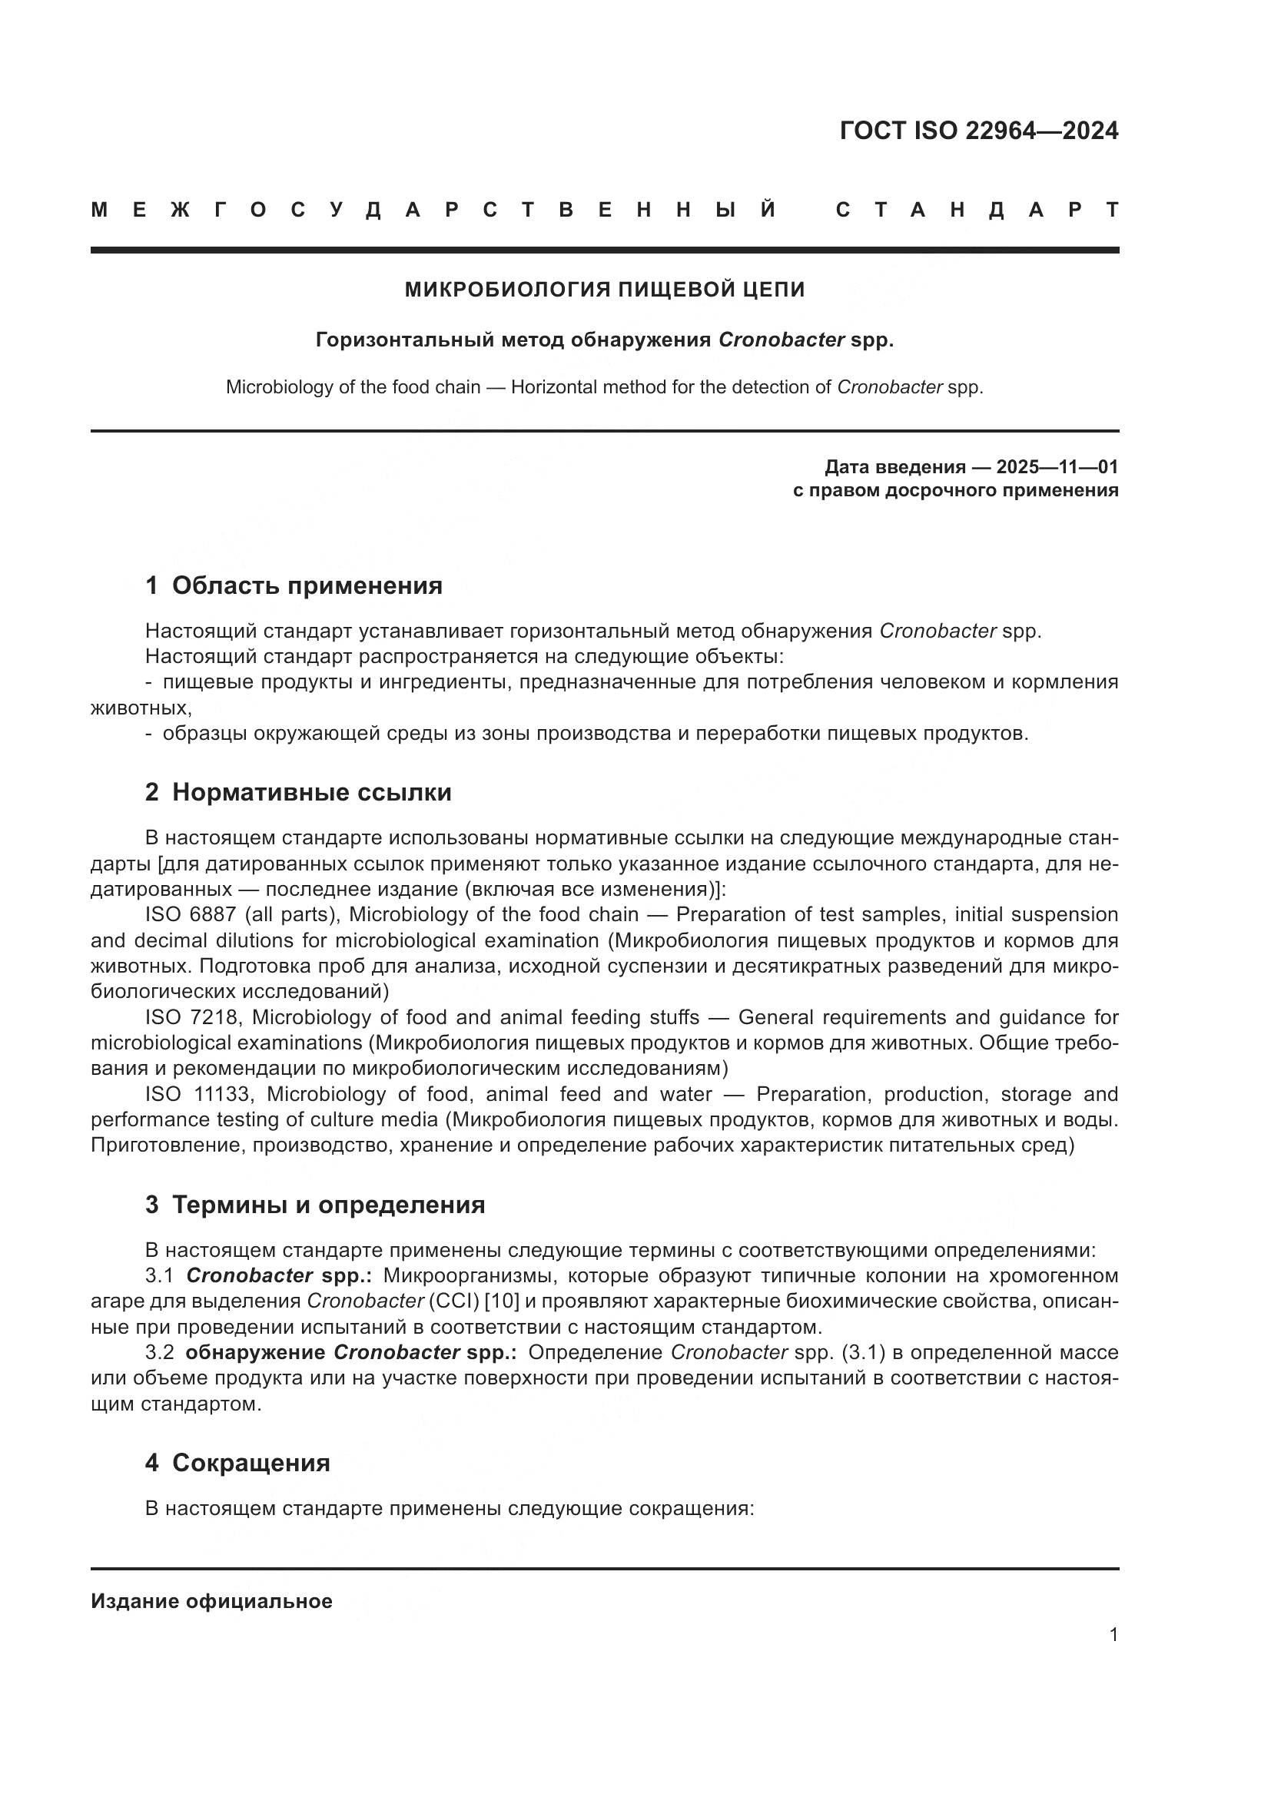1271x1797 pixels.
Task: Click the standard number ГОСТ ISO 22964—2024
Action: tap(978, 131)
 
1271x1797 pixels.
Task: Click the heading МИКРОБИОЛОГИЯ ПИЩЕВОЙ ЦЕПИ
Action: tap(604, 290)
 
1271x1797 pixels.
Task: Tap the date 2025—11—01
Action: tap(1057, 467)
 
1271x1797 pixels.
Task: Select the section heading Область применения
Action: tap(307, 585)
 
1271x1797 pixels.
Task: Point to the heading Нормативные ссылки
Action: tap(311, 792)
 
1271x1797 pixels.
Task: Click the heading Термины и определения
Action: tap(328, 1204)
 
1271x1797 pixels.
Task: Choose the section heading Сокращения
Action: tap(251, 1462)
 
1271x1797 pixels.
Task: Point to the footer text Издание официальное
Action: tap(211, 1600)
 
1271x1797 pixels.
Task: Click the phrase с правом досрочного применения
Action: tap(955, 491)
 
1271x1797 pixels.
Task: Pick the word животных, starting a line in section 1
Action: tap(141, 708)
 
